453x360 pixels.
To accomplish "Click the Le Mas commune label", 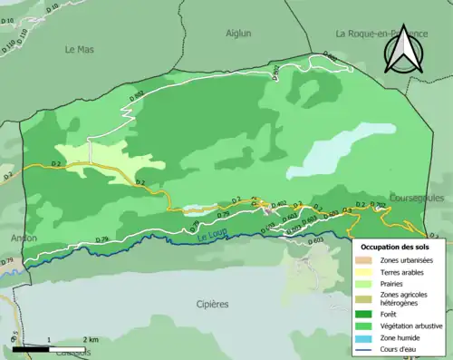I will coord(80,51).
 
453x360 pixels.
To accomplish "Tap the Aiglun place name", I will coord(239,33).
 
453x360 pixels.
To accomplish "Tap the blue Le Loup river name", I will coord(208,238).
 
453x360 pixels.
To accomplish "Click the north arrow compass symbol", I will coord(402,50).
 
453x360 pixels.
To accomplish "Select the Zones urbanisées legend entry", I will coord(406,260).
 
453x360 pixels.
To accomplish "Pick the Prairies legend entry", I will coord(395,284).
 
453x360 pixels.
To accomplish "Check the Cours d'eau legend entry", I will coord(400,351).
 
